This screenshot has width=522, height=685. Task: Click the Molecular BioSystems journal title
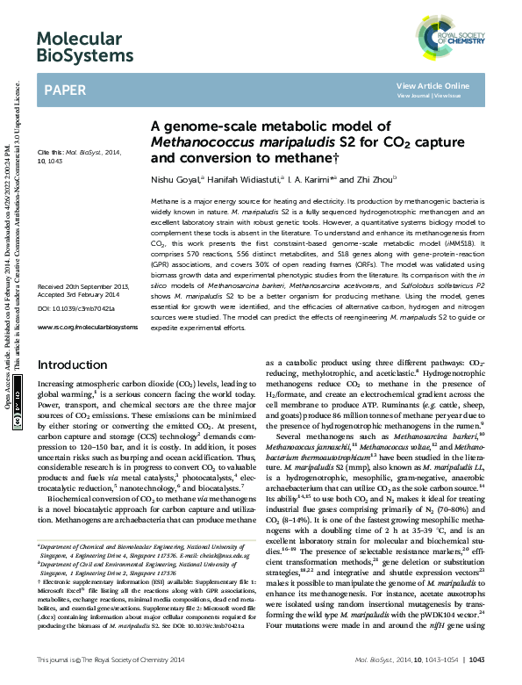(80, 47)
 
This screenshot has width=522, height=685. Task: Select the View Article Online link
(433, 85)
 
